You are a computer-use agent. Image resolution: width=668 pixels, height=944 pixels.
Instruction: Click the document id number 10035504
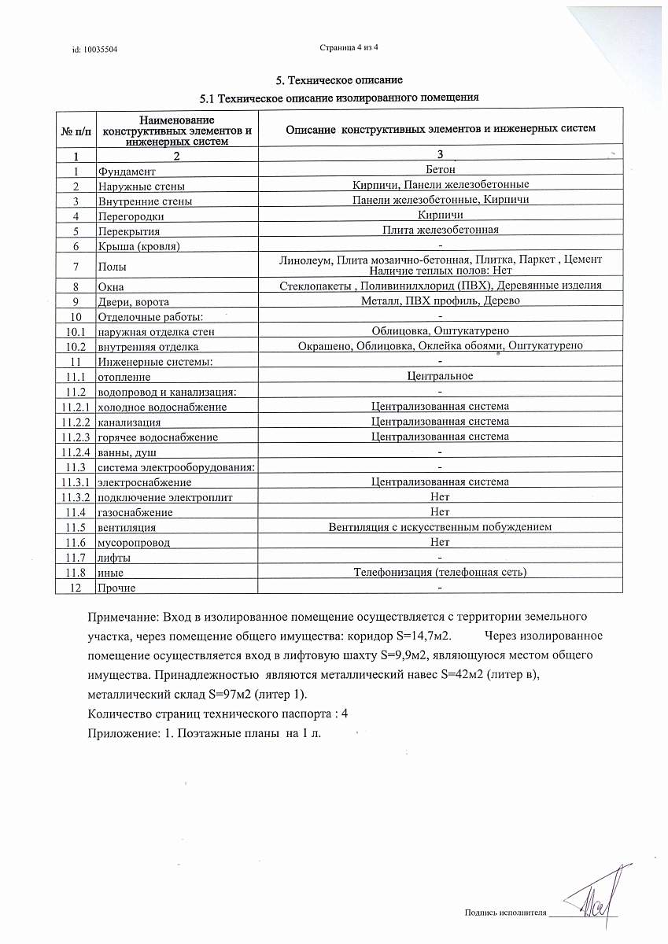(x=101, y=50)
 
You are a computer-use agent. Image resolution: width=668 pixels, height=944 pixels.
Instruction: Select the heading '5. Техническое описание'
(x=339, y=80)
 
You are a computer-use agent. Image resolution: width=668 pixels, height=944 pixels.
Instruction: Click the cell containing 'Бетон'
(x=440, y=169)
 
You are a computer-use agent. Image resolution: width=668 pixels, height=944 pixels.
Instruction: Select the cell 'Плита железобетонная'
(x=441, y=230)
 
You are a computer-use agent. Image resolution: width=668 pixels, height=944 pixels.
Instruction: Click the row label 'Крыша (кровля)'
(x=138, y=246)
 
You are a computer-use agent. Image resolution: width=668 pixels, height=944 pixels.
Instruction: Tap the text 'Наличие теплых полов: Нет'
(x=441, y=270)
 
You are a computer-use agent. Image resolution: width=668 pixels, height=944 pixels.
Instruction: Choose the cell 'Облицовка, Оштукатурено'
(x=441, y=331)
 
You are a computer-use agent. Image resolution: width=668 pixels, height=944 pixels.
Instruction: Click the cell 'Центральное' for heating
(x=440, y=376)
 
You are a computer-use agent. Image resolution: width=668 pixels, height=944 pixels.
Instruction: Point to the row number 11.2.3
(x=76, y=437)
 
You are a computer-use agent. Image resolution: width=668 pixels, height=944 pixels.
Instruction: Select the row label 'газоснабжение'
(x=135, y=512)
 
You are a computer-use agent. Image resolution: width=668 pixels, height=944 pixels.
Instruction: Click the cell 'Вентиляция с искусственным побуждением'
(x=440, y=526)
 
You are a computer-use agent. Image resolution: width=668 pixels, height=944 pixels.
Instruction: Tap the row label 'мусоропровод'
(x=134, y=543)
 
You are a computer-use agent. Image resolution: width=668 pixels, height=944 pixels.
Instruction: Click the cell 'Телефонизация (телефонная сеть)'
(x=440, y=572)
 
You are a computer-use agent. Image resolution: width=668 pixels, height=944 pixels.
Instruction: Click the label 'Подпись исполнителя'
(x=505, y=913)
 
